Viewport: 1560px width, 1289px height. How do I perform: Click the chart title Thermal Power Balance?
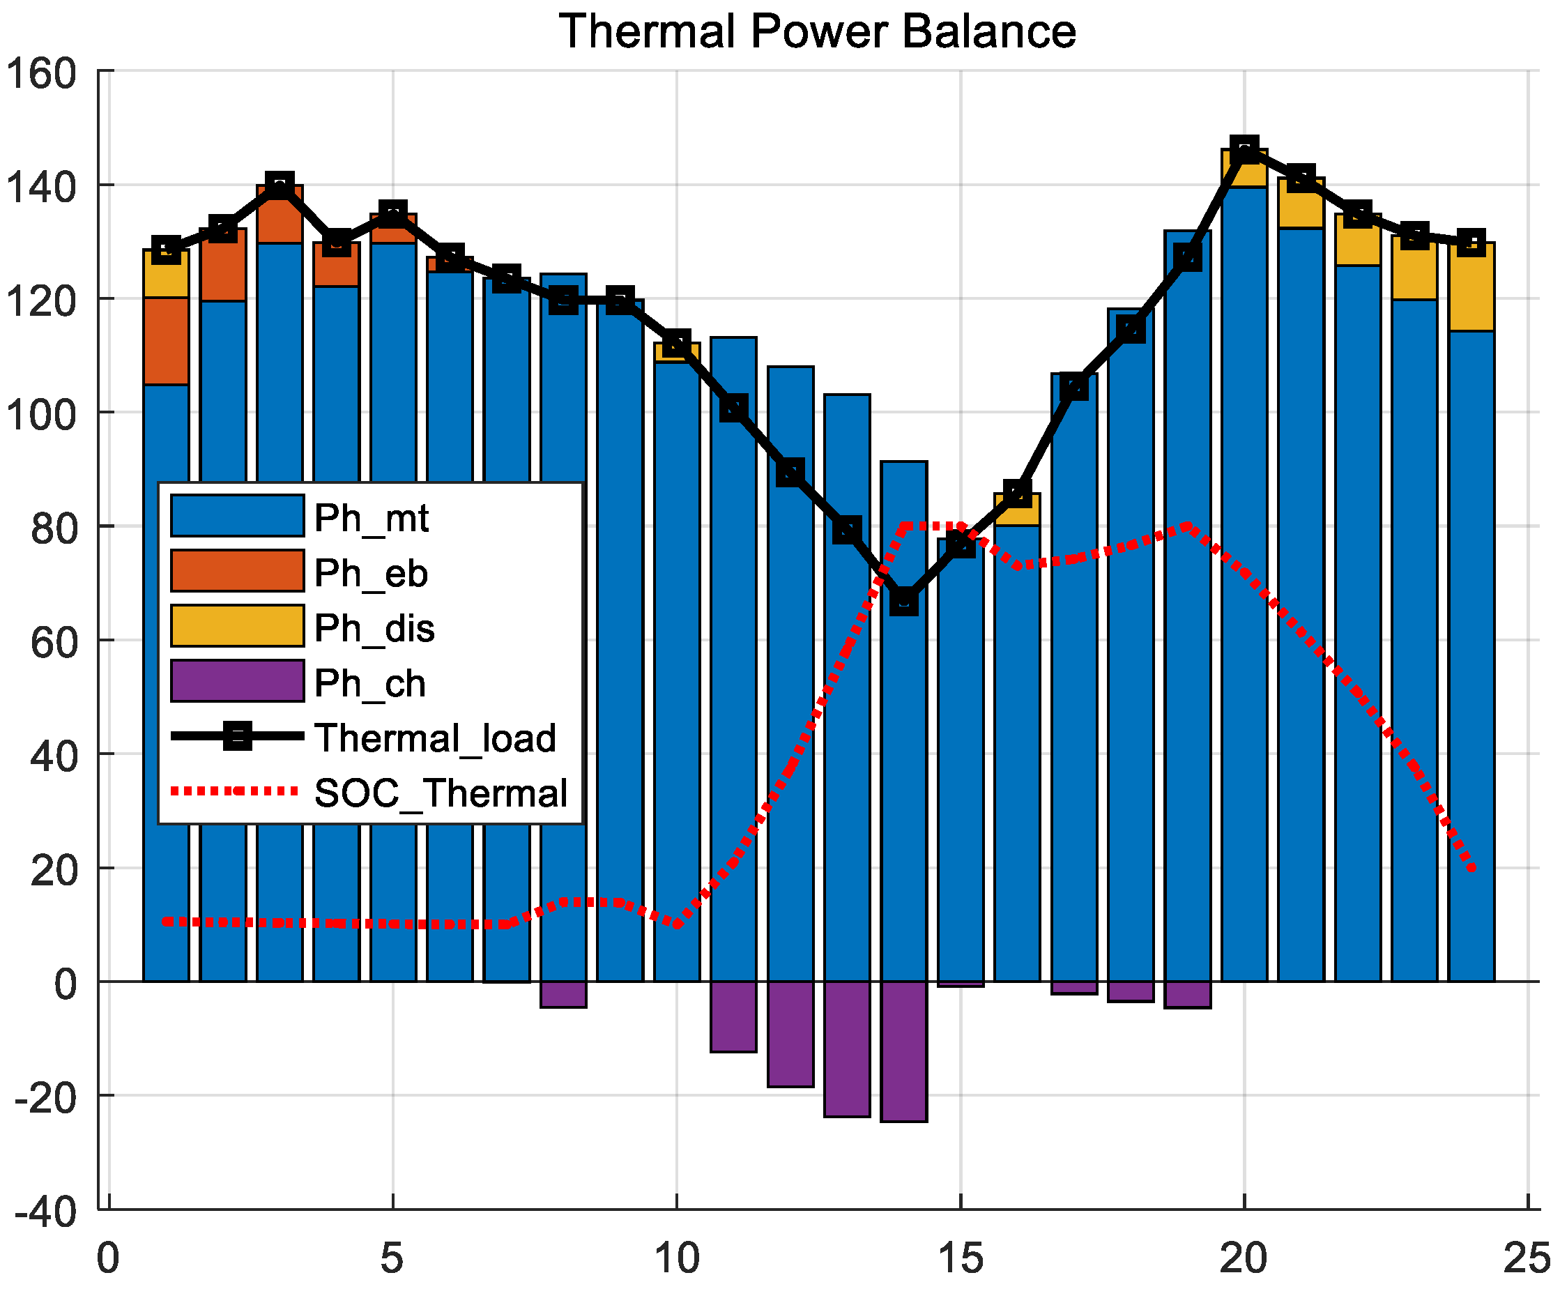point(817,31)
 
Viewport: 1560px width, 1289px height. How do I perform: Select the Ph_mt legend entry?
point(372,517)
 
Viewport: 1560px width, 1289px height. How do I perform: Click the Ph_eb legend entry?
point(371,572)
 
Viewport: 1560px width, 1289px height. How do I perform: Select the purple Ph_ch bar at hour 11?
point(733,1016)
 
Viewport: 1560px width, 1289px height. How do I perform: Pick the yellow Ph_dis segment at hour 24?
point(1471,287)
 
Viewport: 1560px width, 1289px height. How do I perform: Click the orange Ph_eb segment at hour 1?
point(166,341)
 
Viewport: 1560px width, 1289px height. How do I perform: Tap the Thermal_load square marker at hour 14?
point(903,602)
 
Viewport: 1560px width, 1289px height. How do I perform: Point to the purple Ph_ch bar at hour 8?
point(563,994)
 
